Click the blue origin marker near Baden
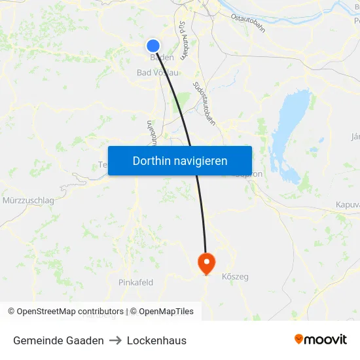[x=153, y=45]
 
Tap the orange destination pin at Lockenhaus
[x=206, y=263]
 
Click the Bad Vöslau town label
[x=157, y=72]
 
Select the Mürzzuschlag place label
[x=28, y=200]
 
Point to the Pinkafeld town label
[x=135, y=282]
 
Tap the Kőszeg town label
[x=236, y=277]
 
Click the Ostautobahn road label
[x=248, y=22]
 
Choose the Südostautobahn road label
[x=205, y=103]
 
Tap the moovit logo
[x=321, y=340]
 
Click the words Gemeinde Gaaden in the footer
[x=58, y=340]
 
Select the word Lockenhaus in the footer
[x=156, y=340]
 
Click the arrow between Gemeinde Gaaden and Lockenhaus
[x=115, y=340]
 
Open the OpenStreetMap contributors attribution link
[x=70, y=312]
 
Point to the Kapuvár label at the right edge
[x=348, y=205]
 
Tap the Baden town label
[x=162, y=58]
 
